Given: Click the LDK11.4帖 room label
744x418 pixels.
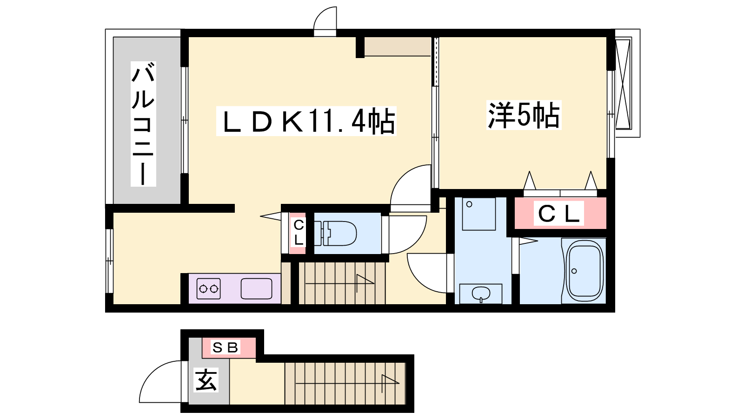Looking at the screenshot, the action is pos(306,121).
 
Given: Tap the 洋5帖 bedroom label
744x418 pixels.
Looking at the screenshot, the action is pos(524,115).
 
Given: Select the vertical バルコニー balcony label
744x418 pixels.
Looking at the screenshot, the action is pos(143,124).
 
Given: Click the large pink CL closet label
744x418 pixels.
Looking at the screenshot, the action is pos(558,213).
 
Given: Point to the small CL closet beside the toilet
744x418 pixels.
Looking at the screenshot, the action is pos(298,233).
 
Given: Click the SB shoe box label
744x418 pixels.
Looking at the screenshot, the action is pos(226,347).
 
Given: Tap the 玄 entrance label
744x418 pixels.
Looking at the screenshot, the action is pos(206,380).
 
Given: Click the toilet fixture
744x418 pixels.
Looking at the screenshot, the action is pos(335,233).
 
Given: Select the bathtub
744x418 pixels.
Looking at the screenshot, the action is pos(585,271).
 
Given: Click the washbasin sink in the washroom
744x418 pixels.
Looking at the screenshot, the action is pos(481,294).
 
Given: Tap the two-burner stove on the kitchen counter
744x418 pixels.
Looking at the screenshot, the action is pos(208,288).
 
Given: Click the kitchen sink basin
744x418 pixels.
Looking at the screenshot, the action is pos(256,288).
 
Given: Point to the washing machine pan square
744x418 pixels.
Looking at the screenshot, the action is pos(478,214).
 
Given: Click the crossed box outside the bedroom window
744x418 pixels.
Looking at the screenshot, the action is pos(623,84).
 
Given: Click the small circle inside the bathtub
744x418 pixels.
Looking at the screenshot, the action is pos(574,271).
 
